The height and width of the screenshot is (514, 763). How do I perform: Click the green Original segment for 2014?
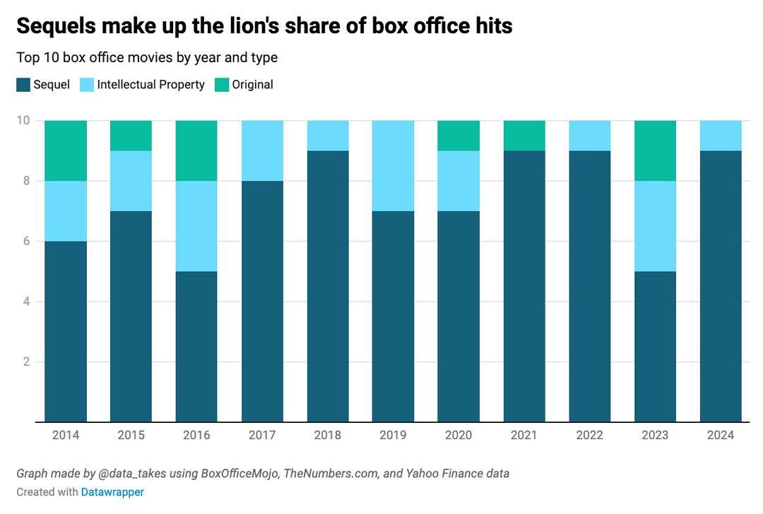point(66,150)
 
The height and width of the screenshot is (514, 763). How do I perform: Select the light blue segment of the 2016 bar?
point(196,226)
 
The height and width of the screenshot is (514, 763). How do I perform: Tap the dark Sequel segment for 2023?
point(655,346)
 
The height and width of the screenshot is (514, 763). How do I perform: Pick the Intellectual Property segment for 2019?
point(393,165)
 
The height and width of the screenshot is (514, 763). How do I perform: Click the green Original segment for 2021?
point(524,135)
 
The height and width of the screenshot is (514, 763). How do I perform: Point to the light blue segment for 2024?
point(720,135)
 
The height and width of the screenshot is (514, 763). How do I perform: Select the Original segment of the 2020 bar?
point(459,135)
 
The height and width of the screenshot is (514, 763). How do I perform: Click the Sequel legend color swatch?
point(23,85)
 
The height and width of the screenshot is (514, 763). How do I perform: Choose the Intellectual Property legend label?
point(150,85)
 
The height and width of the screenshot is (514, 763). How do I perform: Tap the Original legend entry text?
point(252,85)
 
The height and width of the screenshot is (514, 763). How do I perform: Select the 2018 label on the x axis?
point(327,436)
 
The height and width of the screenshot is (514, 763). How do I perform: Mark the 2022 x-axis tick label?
point(589,436)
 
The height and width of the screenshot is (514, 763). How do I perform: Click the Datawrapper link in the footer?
point(112,492)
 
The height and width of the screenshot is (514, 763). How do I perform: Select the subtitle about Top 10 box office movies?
point(147,57)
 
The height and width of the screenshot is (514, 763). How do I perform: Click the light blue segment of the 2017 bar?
point(262,150)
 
